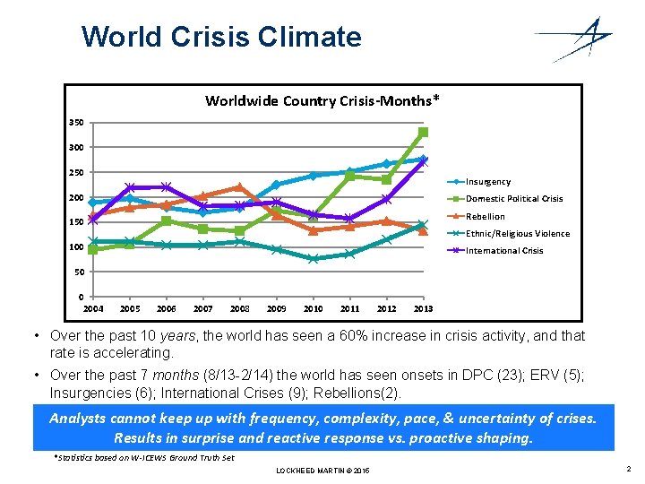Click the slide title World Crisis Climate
(221, 37)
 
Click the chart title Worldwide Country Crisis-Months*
(322, 99)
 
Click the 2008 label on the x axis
(239, 308)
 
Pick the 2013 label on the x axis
(423, 308)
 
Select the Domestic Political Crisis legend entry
(513, 199)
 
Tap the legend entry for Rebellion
(485, 216)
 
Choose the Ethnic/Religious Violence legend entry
(517, 234)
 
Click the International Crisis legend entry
(504, 251)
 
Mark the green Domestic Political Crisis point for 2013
(423, 132)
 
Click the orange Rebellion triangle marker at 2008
(239, 186)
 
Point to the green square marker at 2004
(92, 249)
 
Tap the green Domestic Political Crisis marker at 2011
(349, 176)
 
